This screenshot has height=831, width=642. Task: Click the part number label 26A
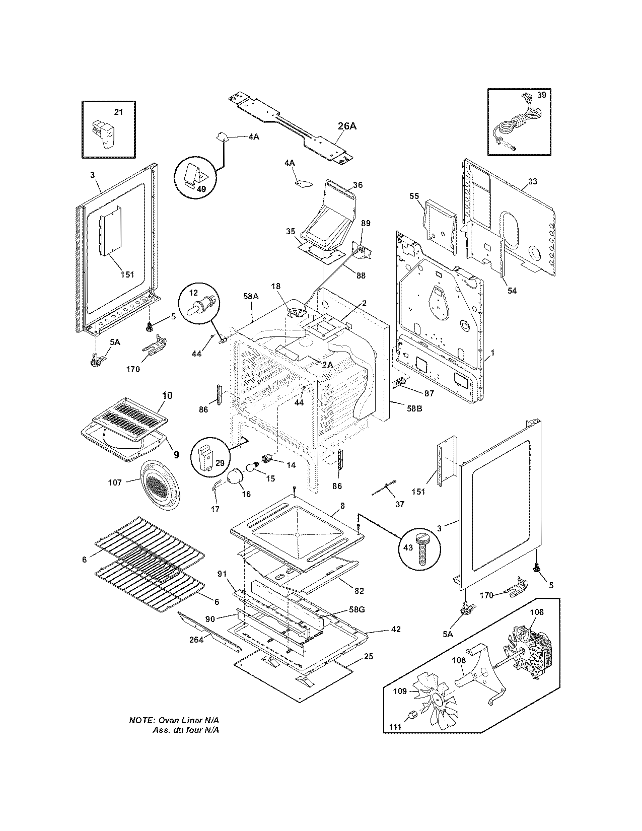coord(347,126)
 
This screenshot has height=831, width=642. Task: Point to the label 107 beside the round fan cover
coord(115,482)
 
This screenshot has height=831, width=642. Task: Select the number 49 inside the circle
coord(187,189)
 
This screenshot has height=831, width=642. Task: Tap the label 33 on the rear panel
coord(532,181)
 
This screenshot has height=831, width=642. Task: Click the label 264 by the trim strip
coord(196,640)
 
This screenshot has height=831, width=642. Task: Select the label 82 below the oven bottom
coord(359,591)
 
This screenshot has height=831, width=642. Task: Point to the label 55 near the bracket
coord(414,195)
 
